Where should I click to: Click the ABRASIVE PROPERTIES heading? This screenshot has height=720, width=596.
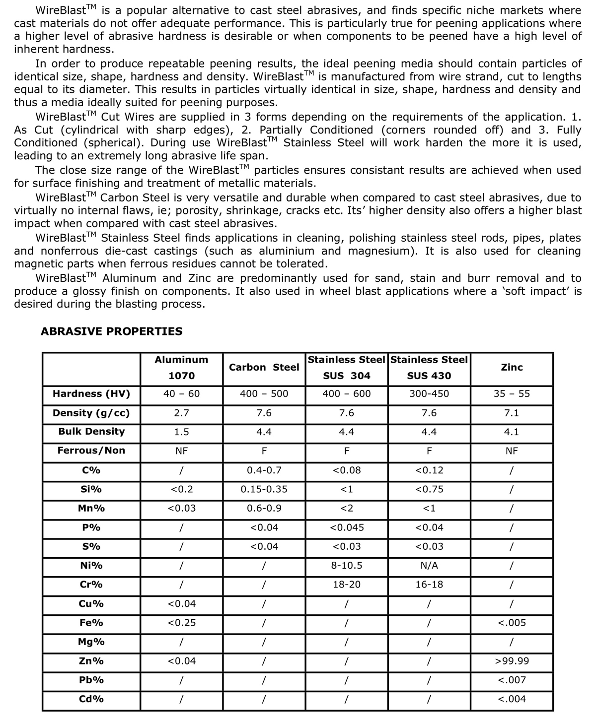tap(111, 331)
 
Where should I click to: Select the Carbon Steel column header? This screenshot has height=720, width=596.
tap(264, 368)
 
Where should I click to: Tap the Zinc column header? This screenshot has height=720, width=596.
tap(512, 368)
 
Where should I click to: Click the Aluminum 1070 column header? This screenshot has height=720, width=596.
tap(181, 368)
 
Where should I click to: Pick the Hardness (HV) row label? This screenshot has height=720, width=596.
tap(91, 394)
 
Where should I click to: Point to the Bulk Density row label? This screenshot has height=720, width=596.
tap(91, 432)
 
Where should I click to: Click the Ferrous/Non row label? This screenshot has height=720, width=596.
tap(91, 451)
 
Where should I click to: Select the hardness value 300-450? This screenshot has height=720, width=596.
tap(429, 394)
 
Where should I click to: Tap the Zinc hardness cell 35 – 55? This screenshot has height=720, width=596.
tap(512, 394)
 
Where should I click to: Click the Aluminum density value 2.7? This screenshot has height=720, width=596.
tap(181, 413)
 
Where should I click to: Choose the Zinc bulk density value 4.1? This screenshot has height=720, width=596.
tap(512, 432)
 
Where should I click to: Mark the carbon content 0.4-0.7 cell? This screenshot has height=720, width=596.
tap(264, 470)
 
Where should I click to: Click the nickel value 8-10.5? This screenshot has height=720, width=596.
tap(346, 566)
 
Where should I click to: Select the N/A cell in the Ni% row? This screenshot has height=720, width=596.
tap(429, 566)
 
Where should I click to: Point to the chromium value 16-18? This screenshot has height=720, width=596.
tap(429, 585)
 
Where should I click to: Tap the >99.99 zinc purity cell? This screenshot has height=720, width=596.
tap(512, 661)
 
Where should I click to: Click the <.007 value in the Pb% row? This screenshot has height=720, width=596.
tap(512, 680)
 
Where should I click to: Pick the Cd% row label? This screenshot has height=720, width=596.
tap(91, 699)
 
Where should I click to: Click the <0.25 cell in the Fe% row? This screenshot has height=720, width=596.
tap(181, 623)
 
